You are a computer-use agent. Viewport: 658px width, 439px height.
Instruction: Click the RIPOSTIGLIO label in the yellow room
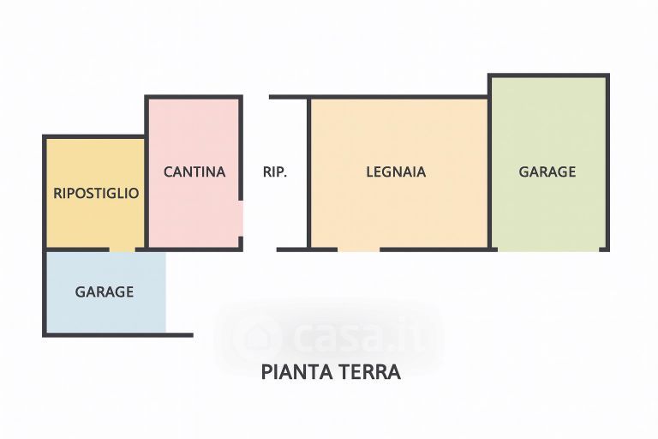point(96,193)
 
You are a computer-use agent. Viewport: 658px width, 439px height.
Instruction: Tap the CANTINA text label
point(194,171)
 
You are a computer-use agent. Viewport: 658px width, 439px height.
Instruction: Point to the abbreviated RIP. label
point(275,171)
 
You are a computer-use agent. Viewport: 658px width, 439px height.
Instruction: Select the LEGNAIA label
point(396,171)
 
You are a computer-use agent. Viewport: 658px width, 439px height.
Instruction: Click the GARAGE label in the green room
point(547,171)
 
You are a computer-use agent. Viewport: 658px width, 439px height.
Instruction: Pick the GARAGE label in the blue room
point(105,292)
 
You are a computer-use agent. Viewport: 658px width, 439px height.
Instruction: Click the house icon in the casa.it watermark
point(255,335)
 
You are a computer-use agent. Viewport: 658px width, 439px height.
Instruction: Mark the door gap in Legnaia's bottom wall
point(359,250)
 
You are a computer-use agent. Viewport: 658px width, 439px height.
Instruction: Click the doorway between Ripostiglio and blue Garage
point(122,250)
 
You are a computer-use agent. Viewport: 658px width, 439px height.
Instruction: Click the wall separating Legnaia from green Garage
point(489,171)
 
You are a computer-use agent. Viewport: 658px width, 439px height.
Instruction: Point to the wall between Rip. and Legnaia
point(308,171)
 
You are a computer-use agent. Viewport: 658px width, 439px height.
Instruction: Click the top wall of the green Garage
point(548,76)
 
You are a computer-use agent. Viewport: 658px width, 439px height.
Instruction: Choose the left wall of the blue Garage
point(45,292)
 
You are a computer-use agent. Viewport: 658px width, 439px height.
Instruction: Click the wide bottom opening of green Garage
point(548,250)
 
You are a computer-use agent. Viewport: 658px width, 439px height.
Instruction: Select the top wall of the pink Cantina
point(194,97)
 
